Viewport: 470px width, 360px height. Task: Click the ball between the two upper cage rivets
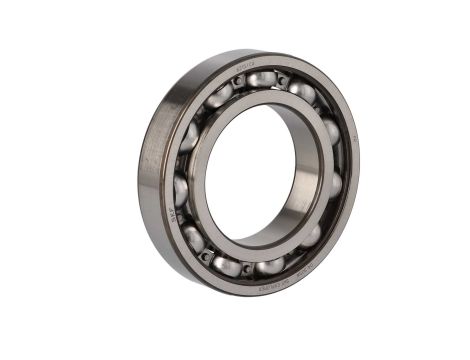click(x=258, y=83)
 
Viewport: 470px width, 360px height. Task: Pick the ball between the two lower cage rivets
click(x=229, y=265)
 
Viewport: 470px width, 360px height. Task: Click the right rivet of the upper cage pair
click(x=284, y=80)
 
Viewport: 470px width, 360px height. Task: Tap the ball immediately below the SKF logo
click(x=192, y=237)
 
